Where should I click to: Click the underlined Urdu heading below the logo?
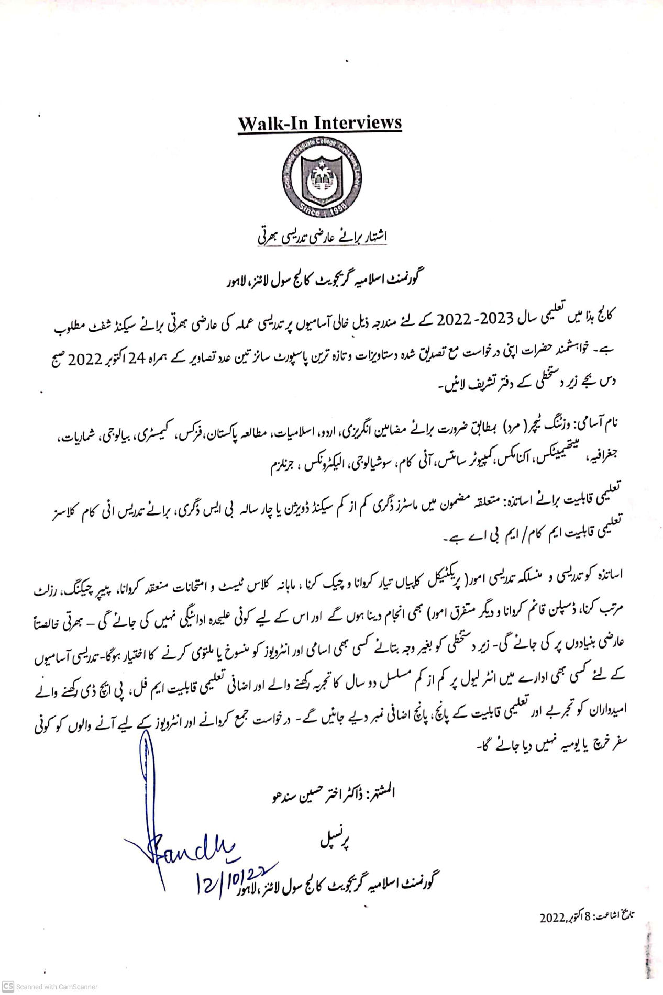[x=322, y=237]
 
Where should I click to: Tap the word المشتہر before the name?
[x=380, y=792]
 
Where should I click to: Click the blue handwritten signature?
[x=183, y=843]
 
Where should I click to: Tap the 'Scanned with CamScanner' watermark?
[x=50, y=987]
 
